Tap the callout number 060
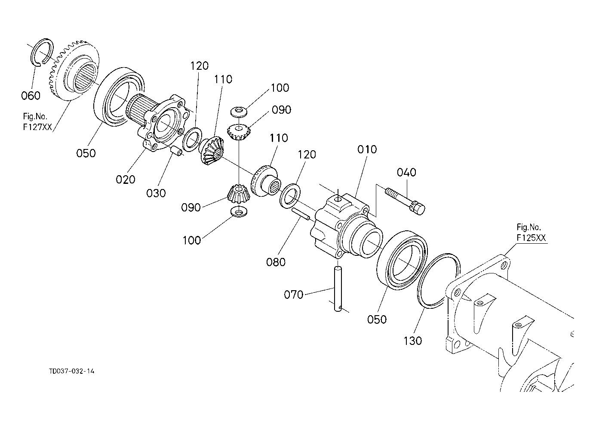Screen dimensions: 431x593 [x=31, y=96]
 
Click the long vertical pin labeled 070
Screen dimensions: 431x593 [x=338, y=288]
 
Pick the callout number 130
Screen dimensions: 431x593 [x=412, y=341]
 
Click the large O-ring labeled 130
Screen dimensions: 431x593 [x=438, y=280]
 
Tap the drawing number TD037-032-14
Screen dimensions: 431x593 [x=71, y=371]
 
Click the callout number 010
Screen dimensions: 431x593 [x=366, y=149]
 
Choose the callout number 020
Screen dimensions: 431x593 [x=126, y=179]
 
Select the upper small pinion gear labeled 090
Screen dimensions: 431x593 [x=238, y=131]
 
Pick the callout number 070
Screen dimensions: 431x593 [x=294, y=295]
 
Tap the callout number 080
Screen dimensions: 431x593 [x=276, y=262]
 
